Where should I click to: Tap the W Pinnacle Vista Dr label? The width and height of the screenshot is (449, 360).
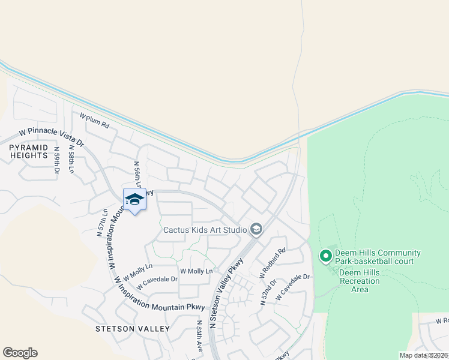click(51, 137)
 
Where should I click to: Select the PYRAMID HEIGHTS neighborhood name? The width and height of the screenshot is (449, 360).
click(28, 151)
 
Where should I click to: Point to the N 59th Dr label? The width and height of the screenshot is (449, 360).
click(57, 161)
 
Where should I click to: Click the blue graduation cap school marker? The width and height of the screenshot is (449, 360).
click(134, 200)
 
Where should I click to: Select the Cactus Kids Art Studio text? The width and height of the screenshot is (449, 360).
click(205, 230)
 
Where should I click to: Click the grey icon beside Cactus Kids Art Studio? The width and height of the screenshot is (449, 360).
click(256, 229)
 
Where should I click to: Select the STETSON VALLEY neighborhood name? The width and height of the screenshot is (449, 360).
click(133, 329)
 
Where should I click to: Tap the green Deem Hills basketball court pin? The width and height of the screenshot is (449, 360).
click(326, 256)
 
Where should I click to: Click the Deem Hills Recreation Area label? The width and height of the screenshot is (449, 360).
click(360, 281)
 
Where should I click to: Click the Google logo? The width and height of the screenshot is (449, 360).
click(20, 353)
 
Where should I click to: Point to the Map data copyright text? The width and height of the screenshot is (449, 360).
click(424, 355)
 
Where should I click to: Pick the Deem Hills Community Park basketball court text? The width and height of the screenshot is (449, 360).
click(378, 257)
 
